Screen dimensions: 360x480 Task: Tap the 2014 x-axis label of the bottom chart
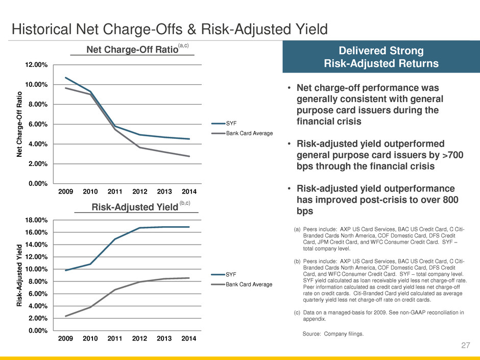[x=189, y=339]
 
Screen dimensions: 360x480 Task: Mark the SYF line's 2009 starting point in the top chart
[x=66, y=78]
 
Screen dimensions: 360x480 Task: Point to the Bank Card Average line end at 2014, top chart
[x=189, y=156]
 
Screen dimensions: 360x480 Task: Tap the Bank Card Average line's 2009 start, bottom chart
[x=66, y=316]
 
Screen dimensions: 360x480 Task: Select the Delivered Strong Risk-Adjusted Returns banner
[x=381, y=58]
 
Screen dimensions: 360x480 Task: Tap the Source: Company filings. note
[x=333, y=334]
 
